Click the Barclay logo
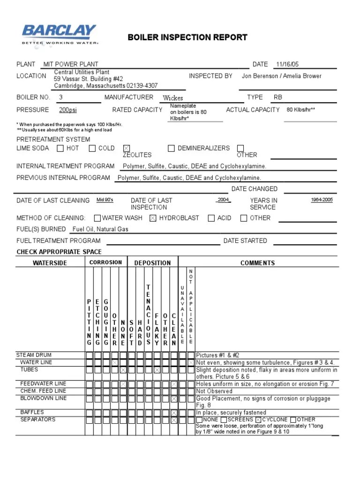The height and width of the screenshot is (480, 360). [59, 34]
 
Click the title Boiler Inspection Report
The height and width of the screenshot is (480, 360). [187, 37]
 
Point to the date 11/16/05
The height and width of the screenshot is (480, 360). [288, 64]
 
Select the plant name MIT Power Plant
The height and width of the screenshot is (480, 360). [71, 64]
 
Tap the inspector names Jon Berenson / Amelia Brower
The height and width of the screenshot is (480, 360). [281, 76]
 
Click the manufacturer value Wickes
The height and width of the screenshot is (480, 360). [172, 98]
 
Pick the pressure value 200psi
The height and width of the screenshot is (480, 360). [68, 110]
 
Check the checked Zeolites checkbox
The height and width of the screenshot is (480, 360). [126, 149]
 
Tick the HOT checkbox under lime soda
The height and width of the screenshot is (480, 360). [60, 149]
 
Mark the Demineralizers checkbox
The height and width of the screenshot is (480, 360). [171, 149]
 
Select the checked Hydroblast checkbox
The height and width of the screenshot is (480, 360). [153, 218]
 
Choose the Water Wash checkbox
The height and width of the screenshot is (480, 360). [97, 218]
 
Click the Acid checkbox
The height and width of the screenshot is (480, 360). [211, 218]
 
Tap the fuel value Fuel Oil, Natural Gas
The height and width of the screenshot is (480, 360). [100, 229]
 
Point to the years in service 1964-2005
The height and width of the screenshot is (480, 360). [322, 200]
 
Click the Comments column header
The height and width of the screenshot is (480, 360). [257, 263]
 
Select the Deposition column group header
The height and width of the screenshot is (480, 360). [152, 263]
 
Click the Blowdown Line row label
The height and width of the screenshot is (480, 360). [43, 398]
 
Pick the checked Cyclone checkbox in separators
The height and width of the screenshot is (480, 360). [258, 420]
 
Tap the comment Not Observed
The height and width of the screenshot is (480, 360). [214, 391]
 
